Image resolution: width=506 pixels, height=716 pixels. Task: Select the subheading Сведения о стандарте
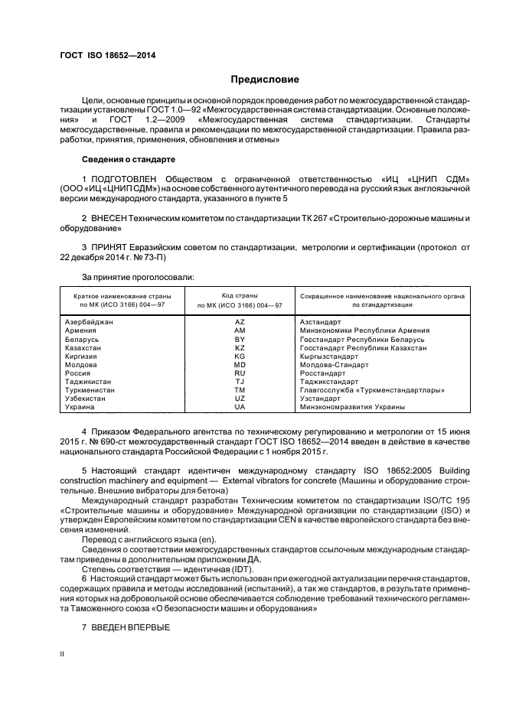[129, 159]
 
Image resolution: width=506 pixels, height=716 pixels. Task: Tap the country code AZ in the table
[240, 322]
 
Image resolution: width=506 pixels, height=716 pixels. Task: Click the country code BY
[240, 339]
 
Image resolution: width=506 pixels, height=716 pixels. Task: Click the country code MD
[240, 364]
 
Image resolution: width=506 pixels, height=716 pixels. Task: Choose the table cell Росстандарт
[323, 373]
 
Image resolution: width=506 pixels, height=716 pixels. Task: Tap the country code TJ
[240, 381]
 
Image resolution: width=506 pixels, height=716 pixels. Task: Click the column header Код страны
[240, 295]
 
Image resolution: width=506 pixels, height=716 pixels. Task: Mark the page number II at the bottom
[63, 655]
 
